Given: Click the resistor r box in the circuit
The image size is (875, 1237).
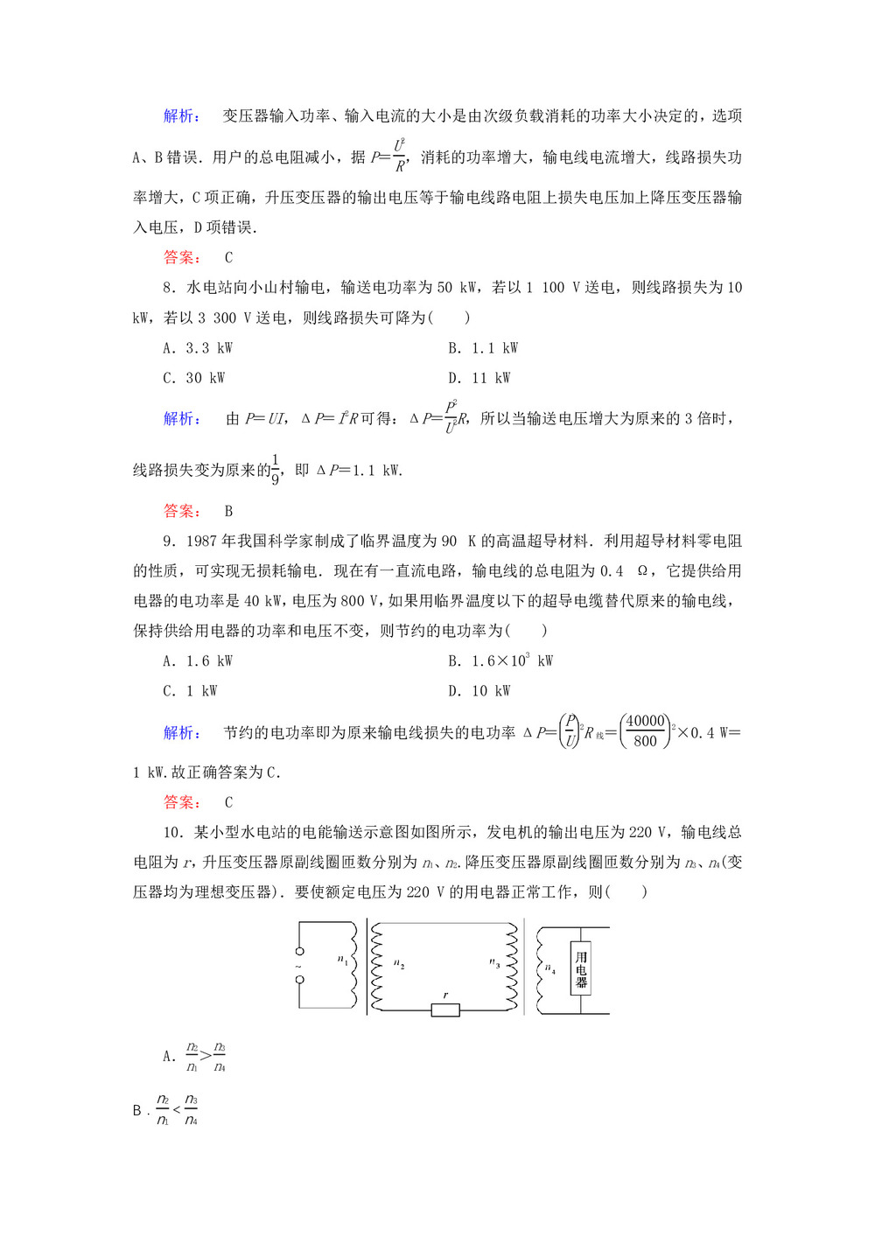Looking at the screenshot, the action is (x=445, y=1010).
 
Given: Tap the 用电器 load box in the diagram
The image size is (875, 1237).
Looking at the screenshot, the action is (x=581, y=969).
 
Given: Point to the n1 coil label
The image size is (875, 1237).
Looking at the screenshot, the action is (x=343, y=961).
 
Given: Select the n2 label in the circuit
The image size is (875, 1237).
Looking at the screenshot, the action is (x=399, y=964).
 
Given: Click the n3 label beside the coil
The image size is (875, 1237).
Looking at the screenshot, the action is (x=495, y=963).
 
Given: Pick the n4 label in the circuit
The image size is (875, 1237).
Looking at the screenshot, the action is (x=550, y=968).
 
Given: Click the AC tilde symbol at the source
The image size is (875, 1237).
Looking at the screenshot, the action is (x=299, y=966).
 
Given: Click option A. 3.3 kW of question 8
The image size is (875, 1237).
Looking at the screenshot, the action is (x=198, y=348).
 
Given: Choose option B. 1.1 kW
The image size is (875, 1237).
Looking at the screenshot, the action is (x=483, y=348).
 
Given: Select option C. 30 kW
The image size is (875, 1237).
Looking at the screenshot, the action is (x=194, y=378).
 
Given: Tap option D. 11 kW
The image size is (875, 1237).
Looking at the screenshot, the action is (x=479, y=378).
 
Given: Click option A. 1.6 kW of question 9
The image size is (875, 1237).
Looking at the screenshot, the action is (x=198, y=661).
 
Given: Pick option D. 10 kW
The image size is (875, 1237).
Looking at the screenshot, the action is (x=479, y=691).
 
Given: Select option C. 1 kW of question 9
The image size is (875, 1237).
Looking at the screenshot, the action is (x=190, y=691).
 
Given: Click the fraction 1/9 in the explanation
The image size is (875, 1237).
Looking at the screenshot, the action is (x=275, y=469).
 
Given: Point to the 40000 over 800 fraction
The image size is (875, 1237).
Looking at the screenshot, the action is (x=646, y=730).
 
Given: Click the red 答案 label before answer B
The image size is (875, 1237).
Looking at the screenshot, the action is (x=182, y=511).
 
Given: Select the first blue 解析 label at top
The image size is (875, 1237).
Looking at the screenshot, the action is (x=182, y=116).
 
